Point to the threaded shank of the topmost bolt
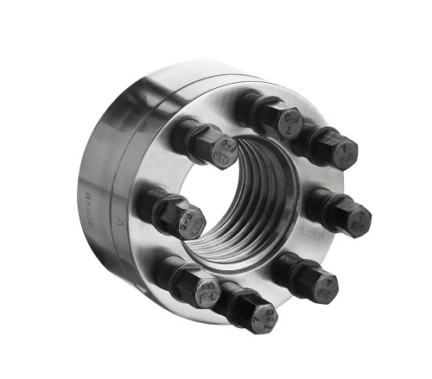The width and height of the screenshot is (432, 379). coord(251,105)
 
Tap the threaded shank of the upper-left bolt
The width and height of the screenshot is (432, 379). coord(186,135)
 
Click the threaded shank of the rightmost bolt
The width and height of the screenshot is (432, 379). coord(321,204)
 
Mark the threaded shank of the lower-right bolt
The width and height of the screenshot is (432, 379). coord(289,268)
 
